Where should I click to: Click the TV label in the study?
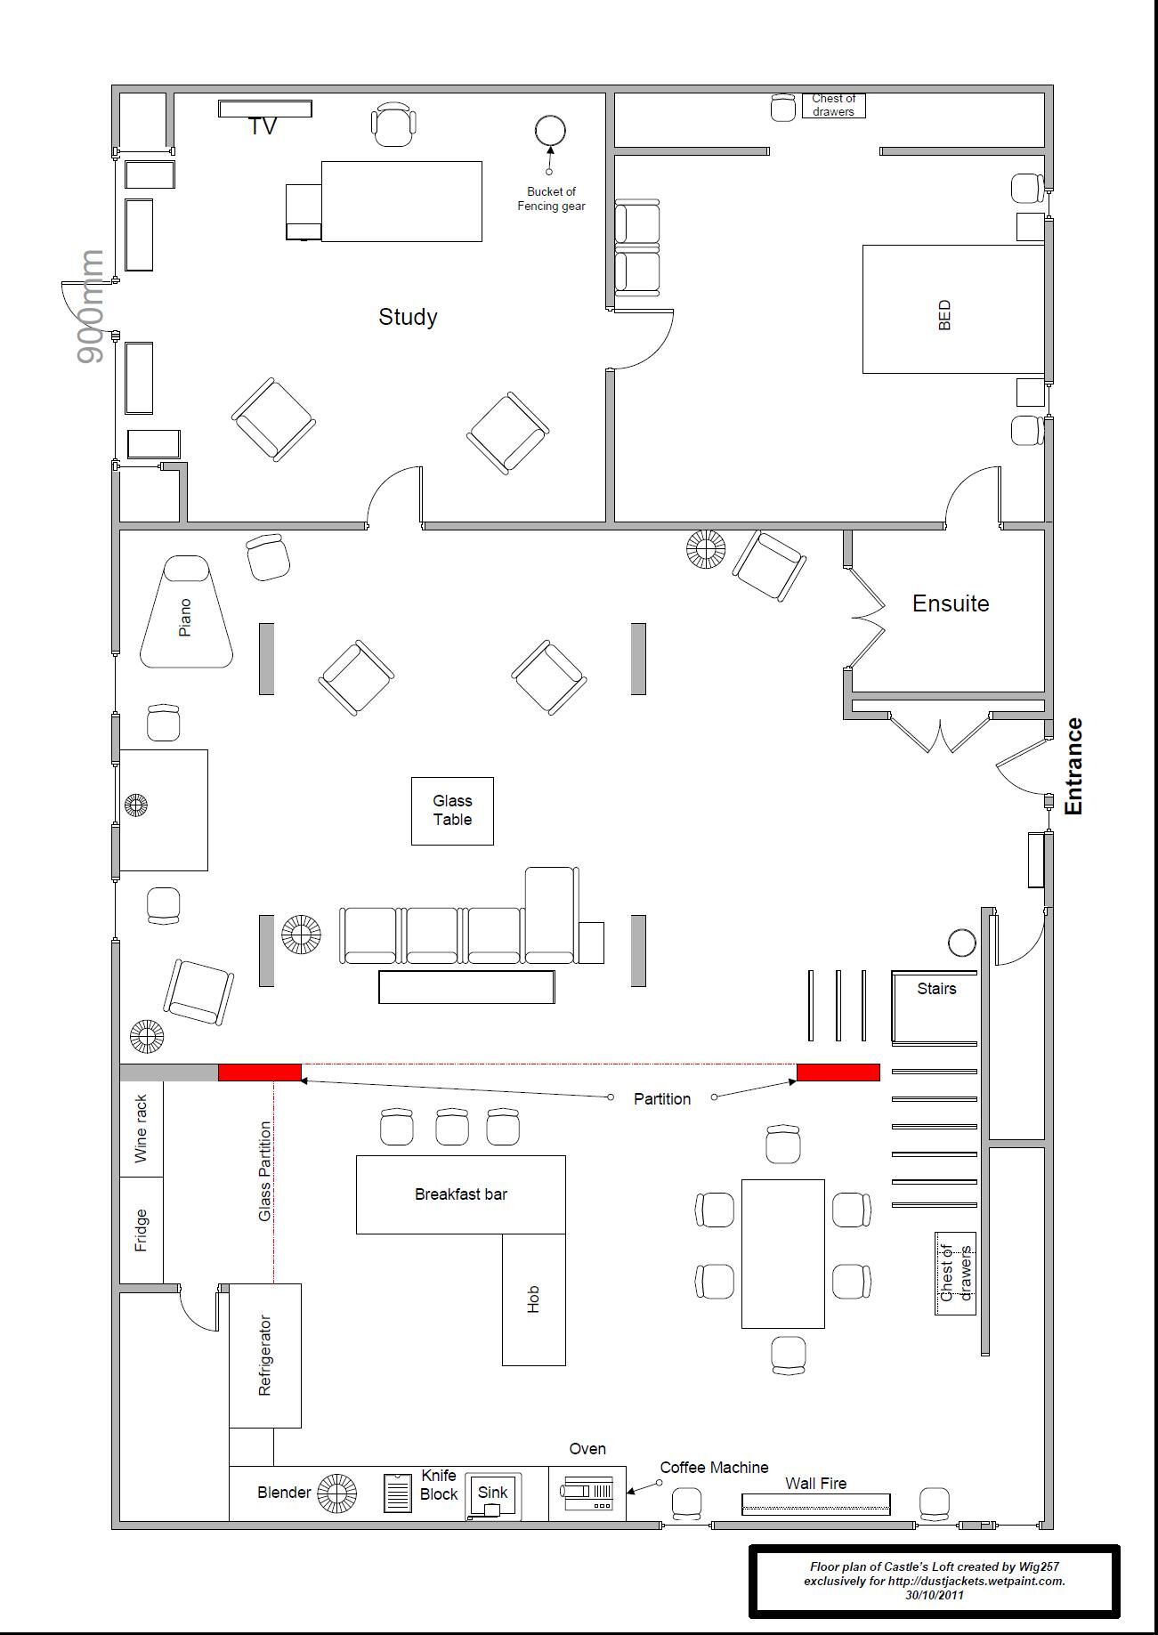pos(263,126)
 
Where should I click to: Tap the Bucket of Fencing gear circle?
pos(550,130)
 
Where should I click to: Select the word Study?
pos(408,317)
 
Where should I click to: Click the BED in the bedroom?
pos(953,309)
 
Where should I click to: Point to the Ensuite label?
pos(951,603)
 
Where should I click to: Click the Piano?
pos(187,612)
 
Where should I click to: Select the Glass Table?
pos(452,811)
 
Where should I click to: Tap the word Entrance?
pos(1074,766)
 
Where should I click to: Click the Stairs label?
pos(936,989)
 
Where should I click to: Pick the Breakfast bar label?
pos(461,1194)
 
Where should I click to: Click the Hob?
pos(534,1299)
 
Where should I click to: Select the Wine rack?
pos(142,1129)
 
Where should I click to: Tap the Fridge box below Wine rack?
pos(142,1230)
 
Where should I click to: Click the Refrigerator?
pos(265,1356)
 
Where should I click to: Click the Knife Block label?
pos(439,1485)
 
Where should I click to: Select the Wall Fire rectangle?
pos(816,1504)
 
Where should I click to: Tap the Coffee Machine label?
pos(714,1468)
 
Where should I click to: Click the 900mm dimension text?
pos(90,306)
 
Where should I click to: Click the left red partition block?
pos(260,1072)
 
